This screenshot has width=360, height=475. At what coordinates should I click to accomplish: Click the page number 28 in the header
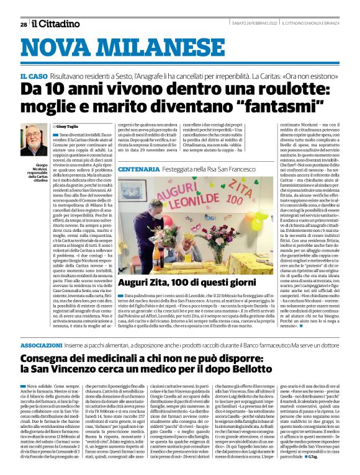[23, 24]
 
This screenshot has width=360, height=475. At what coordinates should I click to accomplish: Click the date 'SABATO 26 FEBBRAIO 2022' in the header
[248, 24]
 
